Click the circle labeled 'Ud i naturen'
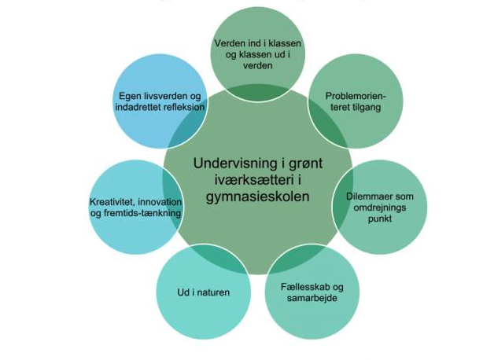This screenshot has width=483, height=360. click(x=203, y=293)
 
